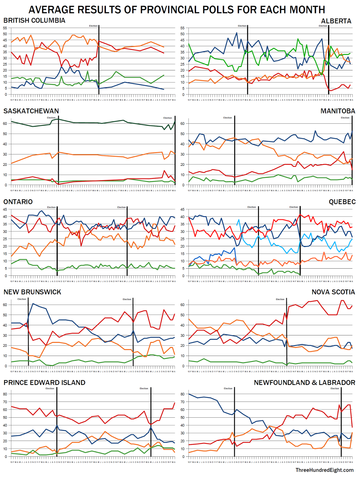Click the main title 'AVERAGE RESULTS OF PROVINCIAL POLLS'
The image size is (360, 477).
[x=177, y=10]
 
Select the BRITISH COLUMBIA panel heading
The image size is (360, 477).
[x=34, y=21]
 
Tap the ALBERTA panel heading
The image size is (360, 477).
[x=336, y=21]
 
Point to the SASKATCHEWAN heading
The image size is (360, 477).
[x=31, y=111]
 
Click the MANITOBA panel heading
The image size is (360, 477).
[x=338, y=111]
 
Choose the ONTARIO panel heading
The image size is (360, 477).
[x=18, y=202]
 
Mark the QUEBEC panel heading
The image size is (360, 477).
[x=342, y=202]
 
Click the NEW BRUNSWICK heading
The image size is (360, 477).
[x=32, y=292]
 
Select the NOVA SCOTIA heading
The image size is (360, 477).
[x=333, y=292]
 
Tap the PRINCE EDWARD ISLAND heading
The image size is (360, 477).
[x=44, y=383]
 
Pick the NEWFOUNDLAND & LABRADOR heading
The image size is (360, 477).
[x=304, y=383]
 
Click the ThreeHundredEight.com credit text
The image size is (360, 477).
[x=325, y=470]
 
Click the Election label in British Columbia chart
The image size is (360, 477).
[x=93, y=26]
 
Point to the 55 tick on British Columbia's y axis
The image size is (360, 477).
[x=5, y=28]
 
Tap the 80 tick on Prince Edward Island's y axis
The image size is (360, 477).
[x=5, y=394]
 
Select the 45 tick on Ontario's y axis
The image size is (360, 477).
[x=5, y=210]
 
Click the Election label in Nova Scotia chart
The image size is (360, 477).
[x=280, y=299]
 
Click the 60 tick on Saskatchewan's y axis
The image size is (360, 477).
[x=5, y=124]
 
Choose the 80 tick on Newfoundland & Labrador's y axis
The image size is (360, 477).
[x=182, y=394]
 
